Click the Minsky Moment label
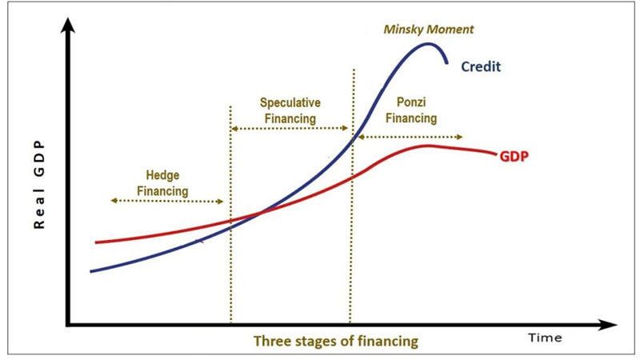coord(429,30)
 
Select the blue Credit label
coord(481,66)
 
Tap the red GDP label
coord(514,156)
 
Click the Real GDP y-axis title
coord(38,186)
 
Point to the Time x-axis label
coord(545,338)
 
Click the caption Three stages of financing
coord(336,341)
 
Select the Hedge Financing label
coord(162,183)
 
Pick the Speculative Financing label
coord(290,110)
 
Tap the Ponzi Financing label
coord(411,110)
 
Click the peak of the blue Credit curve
coord(428,44)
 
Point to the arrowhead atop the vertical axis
coord(68,25)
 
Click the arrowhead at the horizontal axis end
coord(609,325)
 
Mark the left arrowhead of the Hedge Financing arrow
coord(114,201)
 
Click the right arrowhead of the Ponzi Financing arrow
coord(459,137)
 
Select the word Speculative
coord(290,103)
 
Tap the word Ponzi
coord(411,102)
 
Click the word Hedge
coord(162,176)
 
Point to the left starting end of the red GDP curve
coord(96,242)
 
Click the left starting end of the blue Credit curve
coord(91,271)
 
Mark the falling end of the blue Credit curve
coord(447,63)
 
